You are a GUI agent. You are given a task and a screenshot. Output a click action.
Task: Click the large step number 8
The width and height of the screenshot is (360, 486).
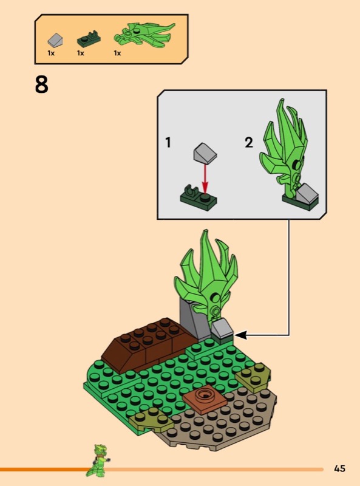41,84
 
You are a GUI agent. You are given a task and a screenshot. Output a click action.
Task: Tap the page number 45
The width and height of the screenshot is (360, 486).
339,468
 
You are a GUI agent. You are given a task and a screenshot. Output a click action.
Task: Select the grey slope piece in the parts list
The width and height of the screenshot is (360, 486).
56,39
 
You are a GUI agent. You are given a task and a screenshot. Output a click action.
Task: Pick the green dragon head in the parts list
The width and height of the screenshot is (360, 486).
144,35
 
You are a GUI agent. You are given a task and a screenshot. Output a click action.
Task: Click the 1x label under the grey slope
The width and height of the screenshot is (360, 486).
51,53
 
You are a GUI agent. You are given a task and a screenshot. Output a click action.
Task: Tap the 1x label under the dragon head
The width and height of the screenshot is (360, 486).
117,53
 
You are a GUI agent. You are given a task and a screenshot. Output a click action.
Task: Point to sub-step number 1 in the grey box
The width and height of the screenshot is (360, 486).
168,143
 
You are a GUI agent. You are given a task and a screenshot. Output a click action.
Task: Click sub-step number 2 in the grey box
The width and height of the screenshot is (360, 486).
249,143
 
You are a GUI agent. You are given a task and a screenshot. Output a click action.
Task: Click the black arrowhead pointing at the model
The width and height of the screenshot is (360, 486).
241,335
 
